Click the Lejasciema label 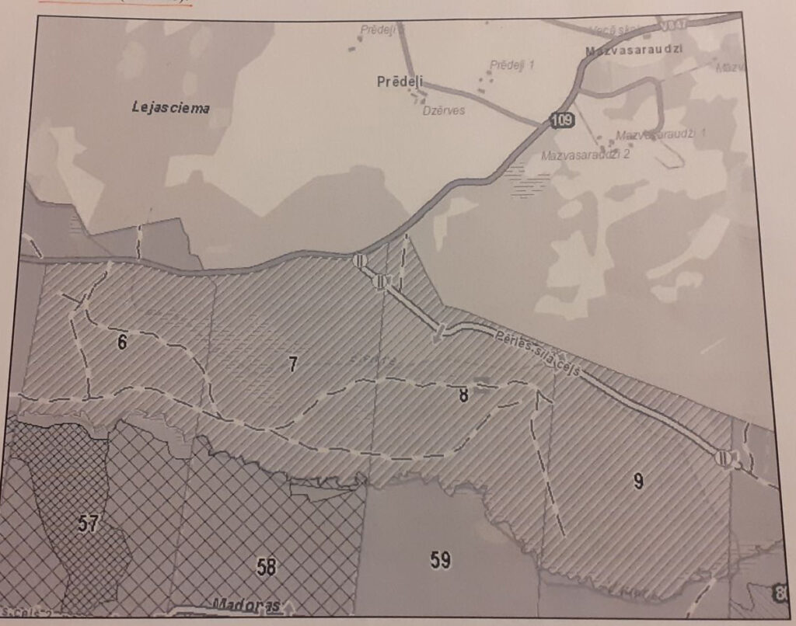169,108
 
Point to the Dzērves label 443,110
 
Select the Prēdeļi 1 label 512,65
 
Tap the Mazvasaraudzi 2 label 585,155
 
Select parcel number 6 122,342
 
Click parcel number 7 293,363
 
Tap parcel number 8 463,395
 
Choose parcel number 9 638,481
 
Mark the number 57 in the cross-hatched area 88,523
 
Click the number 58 267,567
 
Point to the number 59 440,559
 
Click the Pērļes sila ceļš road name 536,353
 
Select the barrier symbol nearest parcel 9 724,458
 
